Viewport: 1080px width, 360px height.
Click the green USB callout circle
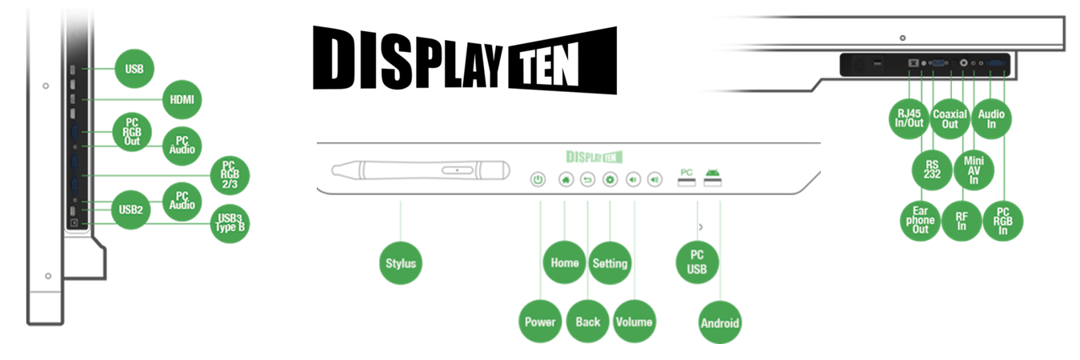[x=134, y=70]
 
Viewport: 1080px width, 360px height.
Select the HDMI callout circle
[x=182, y=100]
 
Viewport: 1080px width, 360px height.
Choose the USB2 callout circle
[x=131, y=210]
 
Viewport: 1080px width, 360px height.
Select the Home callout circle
[x=564, y=262]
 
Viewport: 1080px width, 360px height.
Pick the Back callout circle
[x=587, y=322]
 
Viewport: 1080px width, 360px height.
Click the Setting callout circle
[x=610, y=262]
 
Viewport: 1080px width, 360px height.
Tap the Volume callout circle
[x=634, y=322]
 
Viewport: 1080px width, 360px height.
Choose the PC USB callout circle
[x=697, y=262]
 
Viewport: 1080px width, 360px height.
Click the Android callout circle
[x=720, y=323]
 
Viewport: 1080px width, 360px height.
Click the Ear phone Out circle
[x=920, y=220]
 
